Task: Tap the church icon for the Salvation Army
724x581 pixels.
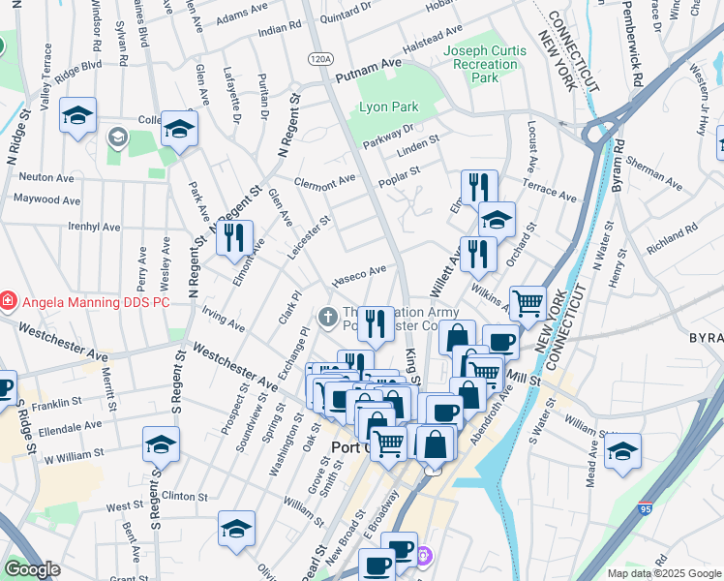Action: (328, 316)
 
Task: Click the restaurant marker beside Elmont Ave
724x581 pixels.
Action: (233, 238)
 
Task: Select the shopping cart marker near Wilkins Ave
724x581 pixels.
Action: (528, 304)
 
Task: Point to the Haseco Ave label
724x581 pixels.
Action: (359, 276)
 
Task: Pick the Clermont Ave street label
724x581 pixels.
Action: (325, 182)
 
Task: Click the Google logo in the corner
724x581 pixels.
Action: (33, 569)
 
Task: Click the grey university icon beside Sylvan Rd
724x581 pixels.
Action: (117, 137)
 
